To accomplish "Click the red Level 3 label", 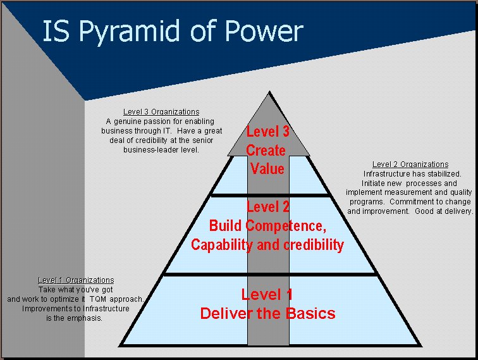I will [x=267, y=132].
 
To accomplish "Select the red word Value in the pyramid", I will [x=267, y=169].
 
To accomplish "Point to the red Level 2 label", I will [x=267, y=207].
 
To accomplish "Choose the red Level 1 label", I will [x=267, y=294].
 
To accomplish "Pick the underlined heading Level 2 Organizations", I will [x=410, y=165].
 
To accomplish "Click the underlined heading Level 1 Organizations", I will [x=76, y=280].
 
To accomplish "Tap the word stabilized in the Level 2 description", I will [x=440, y=174].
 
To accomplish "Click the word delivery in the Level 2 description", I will [x=457, y=211].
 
